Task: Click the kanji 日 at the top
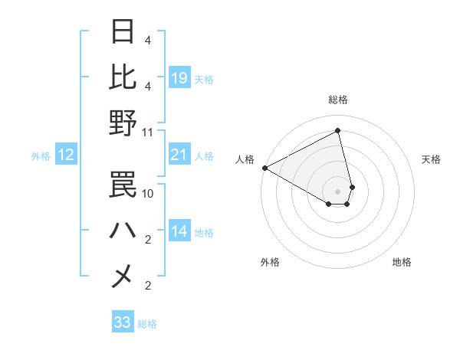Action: pyautogui.click(x=123, y=33)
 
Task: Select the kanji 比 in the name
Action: pyautogui.click(x=123, y=77)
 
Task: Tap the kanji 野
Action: pyautogui.click(x=123, y=123)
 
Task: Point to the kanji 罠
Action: pyautogui.click(x=123, y=184)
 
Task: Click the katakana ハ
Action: pyautogui.click(x=123, y=229)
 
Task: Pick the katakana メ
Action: pyautogui.click(x=123, y=275)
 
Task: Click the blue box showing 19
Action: pyautogui.click(x=179, y=77)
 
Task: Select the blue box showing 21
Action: pyautogui.click(x=179, y=155)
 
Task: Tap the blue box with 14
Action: pyautogui.click(x=179, y=232)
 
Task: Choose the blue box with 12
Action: pyautogui.click(x=65, y=155)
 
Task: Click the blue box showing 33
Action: pyautogui.click(x=123, y=322)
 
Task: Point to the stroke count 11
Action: pyautogui.click(x=148, y=132)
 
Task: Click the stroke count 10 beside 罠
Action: pyautogui.click(x=148, y=194)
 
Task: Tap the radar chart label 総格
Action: pyautogui.click(x=337, y=100)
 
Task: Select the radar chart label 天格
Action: pyautogui.click(x=432, y=159)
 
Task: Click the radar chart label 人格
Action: pyautogui.click(x=245, y=159)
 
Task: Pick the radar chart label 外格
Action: pyautogui.click(x=270, y=262)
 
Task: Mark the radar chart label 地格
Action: pyautogui.click(x=402, y=262)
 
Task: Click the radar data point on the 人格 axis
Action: pyautogui.click(x=264, y=168)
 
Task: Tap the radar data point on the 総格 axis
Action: pyautogui.click(x=337, y=131)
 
